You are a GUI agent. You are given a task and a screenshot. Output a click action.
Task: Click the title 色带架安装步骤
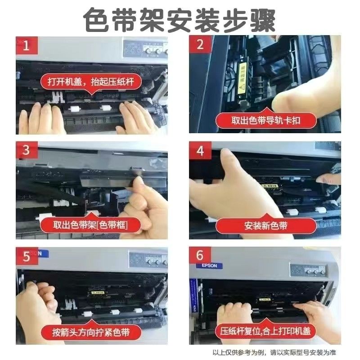coord(179,20)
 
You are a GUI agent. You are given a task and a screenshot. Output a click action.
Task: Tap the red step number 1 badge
coord(27,45)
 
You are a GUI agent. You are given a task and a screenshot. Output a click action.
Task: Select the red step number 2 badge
coord(200,44)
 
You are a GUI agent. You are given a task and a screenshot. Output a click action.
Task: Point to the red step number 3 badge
coord(27,150)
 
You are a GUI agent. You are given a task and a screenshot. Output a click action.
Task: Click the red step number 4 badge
coord(200,150)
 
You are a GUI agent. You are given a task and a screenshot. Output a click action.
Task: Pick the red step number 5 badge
coord(27,256)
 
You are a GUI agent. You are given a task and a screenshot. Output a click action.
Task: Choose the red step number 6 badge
coord(200,255)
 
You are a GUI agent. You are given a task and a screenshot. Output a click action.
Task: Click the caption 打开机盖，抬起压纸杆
coord(91,82)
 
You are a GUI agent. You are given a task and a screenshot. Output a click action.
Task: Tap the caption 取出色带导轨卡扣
coord(265,121)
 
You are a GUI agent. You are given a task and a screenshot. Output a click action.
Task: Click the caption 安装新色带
coord(265,226)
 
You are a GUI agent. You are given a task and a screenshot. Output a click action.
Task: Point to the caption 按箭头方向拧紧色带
coord(91,332)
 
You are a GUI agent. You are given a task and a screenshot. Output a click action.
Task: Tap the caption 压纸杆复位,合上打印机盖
coord(265,331)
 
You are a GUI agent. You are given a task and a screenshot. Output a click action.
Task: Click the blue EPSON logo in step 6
coord(209,265)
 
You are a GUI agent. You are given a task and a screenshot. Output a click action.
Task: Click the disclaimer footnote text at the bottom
coord(274,352)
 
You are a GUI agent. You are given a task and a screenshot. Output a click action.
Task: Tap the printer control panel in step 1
coord(145,49)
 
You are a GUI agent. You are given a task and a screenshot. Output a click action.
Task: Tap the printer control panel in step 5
coord(148,260)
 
